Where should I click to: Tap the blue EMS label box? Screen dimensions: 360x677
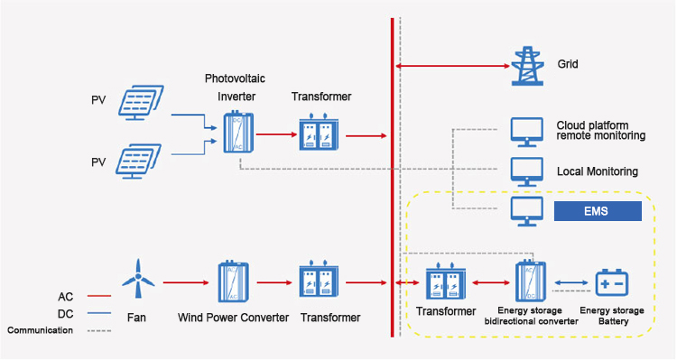pyautogui.click(x=597, y=212)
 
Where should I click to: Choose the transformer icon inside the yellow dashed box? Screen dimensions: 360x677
pyautogui.click(x=445, y=282)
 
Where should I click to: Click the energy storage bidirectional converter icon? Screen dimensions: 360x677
pyautogui.click(x=530, y=282)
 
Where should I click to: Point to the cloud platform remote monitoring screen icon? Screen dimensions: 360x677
pyautogui.click(x=526, y=131)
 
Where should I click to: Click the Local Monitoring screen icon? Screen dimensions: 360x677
pyautogui.click(x=526, y=171)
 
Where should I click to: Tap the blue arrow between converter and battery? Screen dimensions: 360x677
pyautogui.click(x=570, y=282)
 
